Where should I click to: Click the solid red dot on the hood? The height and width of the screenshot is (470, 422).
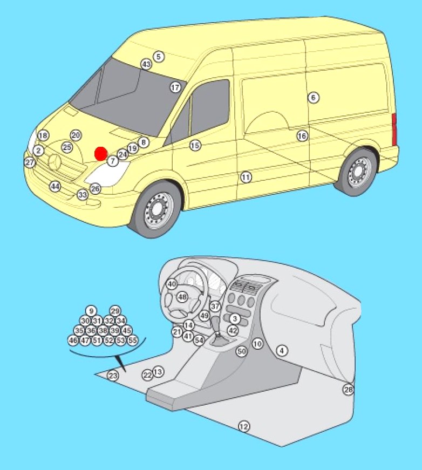pos(101,153)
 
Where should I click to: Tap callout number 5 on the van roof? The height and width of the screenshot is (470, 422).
pos(159,56)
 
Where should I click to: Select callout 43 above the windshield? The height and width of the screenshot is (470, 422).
pos(146,64)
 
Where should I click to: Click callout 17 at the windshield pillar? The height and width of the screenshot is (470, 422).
pos(175,87)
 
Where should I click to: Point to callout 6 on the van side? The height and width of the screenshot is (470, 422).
pos(313,98)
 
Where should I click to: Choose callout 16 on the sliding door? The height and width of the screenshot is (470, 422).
pos(302,136)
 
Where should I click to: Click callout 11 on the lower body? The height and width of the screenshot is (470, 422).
pos(246,177)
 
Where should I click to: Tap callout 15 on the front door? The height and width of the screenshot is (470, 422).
pos(195,145)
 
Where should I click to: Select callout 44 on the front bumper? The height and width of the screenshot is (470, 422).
pos(55,187)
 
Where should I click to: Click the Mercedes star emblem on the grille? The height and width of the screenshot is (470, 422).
pos(55,163)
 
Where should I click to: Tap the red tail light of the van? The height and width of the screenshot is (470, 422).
pos(394,129)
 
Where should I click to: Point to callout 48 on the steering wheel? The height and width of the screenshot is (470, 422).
pos(182,297)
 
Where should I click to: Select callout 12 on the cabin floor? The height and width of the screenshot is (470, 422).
pos(244,426)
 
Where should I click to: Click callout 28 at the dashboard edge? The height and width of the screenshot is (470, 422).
pos(348,390)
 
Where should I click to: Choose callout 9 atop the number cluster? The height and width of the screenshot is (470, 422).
pos(91,311)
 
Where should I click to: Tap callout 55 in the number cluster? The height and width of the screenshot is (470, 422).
pos(132,340)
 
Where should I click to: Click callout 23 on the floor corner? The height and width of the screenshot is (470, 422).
pos(113,375)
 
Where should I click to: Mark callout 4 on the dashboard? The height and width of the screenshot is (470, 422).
pos(282,350)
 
